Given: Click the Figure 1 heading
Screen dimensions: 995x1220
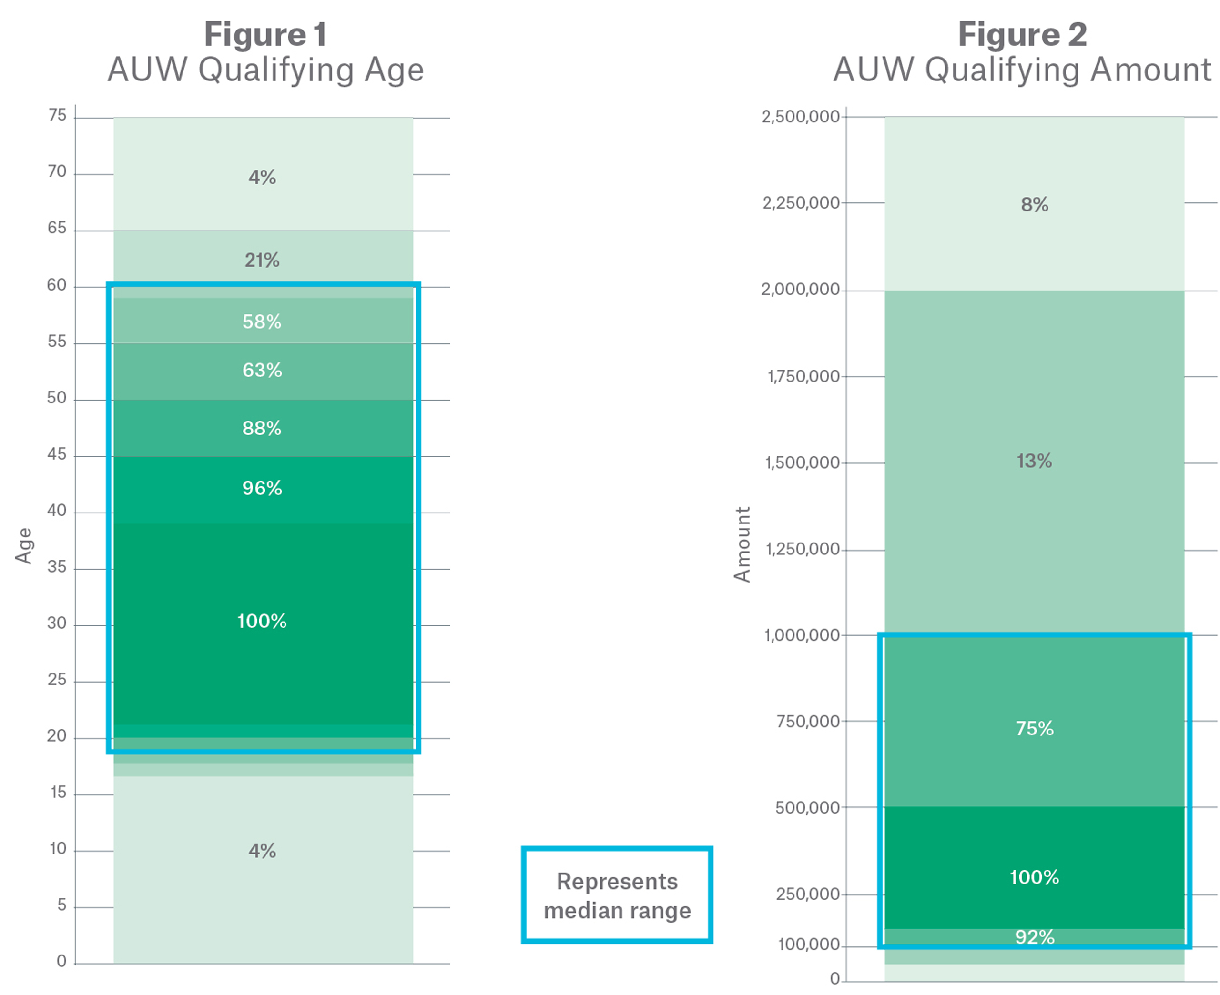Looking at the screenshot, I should (x=265, y=34).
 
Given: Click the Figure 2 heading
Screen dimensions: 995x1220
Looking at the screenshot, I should (x=1022, y=34).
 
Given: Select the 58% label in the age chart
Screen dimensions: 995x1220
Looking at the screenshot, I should (x=262, y=322).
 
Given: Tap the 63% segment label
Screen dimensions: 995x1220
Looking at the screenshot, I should (x=262, y=370).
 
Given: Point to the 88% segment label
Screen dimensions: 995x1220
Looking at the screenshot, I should (x=262, y=428).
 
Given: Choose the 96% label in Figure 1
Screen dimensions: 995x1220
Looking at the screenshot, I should (x=262, y=488).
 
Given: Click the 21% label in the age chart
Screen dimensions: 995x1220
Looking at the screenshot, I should (x=262, y=260).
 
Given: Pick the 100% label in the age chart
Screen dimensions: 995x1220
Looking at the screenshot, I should (x=262, y=621).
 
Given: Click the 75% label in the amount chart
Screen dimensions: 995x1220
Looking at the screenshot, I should (x=1034, y=728).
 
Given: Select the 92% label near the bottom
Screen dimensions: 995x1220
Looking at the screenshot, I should (x=1034, y=937).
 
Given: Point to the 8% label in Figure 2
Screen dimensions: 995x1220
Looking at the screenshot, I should (x=1034, y=205).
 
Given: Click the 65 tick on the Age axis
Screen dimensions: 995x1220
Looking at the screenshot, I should (x=57, y=228).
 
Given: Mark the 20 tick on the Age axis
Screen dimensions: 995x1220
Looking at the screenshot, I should (x=57, y=736).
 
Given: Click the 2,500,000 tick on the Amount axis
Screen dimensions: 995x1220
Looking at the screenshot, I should (x=800, y=117).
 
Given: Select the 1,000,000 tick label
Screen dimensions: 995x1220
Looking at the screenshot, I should (x=802, y=635).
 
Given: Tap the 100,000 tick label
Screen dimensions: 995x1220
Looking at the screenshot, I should (x=808, y=944).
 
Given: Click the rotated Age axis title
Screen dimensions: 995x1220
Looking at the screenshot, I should (x=24, y=546).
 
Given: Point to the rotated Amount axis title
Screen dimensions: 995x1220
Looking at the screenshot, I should (x=742, y=544).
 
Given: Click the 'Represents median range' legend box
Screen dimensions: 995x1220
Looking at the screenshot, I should (x=617, y=894).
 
